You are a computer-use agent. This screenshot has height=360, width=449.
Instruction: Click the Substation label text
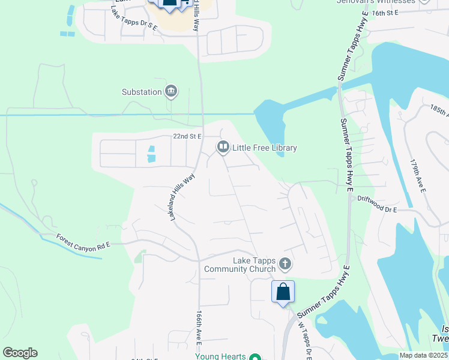coord(142,92)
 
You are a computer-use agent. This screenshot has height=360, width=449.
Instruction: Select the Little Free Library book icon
coord(223,147)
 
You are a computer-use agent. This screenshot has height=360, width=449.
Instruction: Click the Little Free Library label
coord(265,148)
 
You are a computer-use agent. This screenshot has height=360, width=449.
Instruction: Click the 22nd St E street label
coord(187,136)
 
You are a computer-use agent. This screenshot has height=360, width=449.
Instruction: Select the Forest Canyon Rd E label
coord(83,241)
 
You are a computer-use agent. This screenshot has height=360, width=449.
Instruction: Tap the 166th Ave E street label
coord(198,328)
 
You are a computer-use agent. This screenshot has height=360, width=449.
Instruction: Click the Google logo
coord(20,352)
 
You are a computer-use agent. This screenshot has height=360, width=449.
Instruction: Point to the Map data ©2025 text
coord(423,355)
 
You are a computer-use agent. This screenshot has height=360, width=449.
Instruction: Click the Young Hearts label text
coord(220,356)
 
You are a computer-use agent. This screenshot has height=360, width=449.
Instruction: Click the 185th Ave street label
coord(437,110)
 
